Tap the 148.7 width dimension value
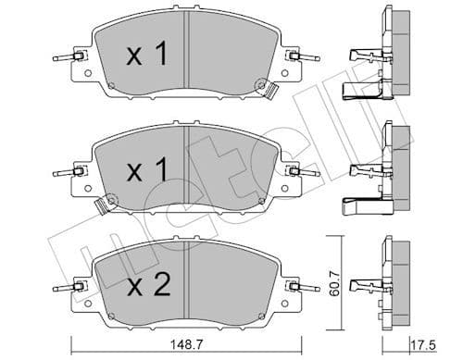[x=189, y=345]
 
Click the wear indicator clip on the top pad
[x=273, y=92]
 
